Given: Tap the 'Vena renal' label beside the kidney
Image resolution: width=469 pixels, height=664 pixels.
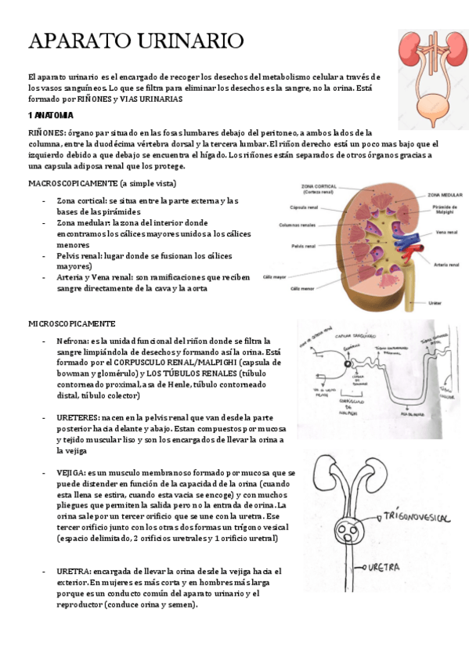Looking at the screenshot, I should click(x=446, y=232).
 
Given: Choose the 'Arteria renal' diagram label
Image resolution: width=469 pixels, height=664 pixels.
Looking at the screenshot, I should click(x=447, y=265).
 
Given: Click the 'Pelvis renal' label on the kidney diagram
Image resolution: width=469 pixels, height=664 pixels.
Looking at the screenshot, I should click(x=303, y=245).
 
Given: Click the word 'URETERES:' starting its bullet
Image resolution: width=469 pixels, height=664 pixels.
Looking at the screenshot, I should click(x=77, y=418).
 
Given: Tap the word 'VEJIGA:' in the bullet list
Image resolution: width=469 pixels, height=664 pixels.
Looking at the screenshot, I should click(x=70, y=473).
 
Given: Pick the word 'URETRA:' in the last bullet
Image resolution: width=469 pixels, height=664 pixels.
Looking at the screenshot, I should click(x=71, y=572).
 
